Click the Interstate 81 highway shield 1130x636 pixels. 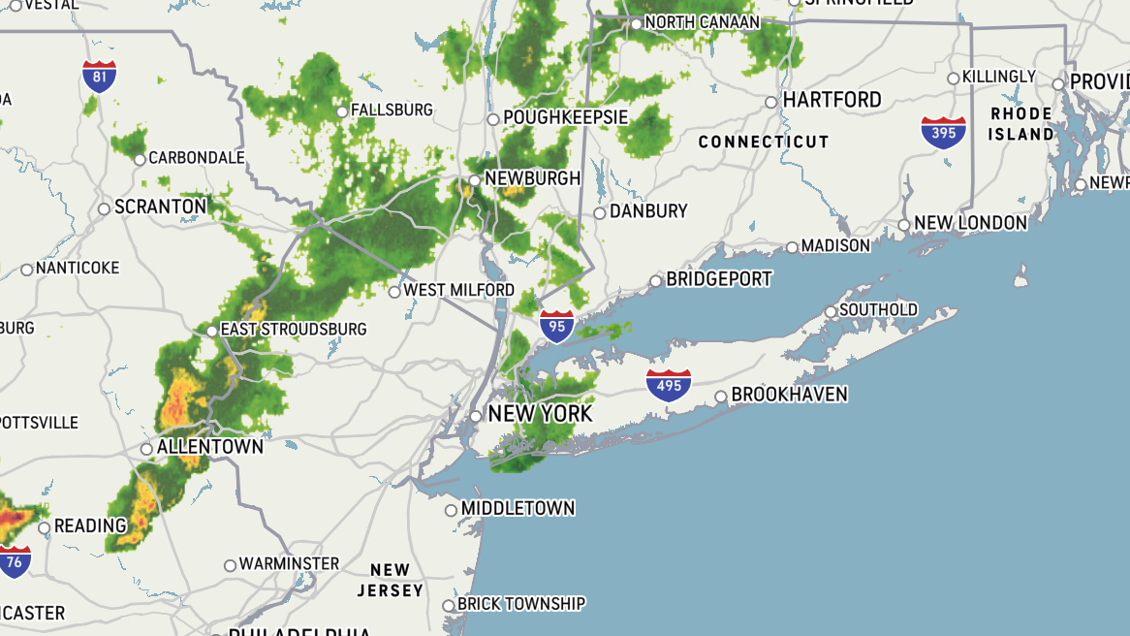pyautogui.click(x=100, y=76)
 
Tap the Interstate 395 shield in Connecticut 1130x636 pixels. pyautogui.click(x=944, y=131)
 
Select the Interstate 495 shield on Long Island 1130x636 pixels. pyautogui.click(x=669, y=385)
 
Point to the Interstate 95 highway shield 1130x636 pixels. pyautogui.click(x=556, y=327)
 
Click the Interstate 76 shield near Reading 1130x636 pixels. pyautogui.click(x=15, y=561)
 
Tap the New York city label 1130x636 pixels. pyautogui.click(x=540, y=414)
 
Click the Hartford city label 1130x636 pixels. pyautogui.click(x=832, y=100)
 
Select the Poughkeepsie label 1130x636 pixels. pyautogui.click(x=565, y=117)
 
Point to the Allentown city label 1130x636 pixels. pyautogui.click(x=210, y=447)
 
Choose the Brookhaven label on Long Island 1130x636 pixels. pyautogui.click(x=789, y=395)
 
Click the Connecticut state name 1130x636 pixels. pyautogui.click(x=764, y=142)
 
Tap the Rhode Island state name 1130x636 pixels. pyautogui.click(x=1020, y=124)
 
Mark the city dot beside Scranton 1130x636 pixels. pyautogui.click(x=105, y=208)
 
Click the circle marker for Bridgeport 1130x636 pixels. pyautogui.click(x=656, y=281)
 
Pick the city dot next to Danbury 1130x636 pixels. pyautogui.click(x=600, y=213)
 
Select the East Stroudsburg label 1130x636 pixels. pyautogui.click(x=294, y=330)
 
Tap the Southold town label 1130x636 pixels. pyautogui.click(x=878, y=310)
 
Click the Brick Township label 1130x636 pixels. pyautogui.click(x=521, y=603)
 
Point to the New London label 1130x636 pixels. pyautogui.click(x=970, y=223)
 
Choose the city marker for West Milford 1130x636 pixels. pyautogui.click(x=394, y=291)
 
